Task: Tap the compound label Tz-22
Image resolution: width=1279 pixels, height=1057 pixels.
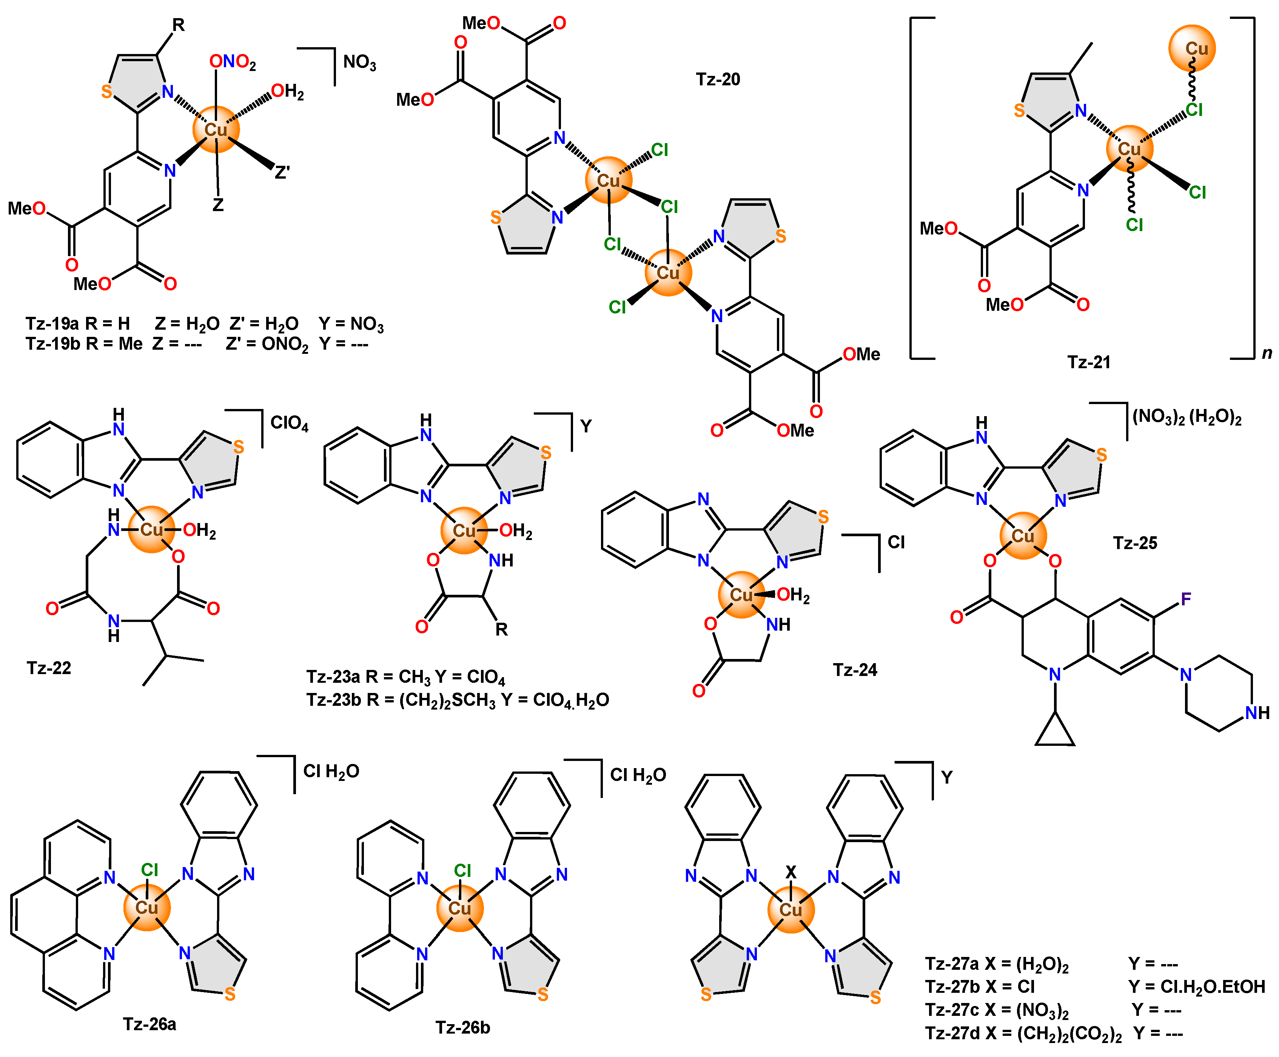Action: (x=49, y=668)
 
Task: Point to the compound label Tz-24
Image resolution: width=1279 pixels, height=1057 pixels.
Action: (x=855, y=670)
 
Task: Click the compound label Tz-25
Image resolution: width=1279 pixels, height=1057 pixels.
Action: (x=1135, y=543)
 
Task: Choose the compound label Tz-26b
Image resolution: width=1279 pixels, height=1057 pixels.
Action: (x=463, y=1027)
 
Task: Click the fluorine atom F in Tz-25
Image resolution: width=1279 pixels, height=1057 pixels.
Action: (x=1185, y=599)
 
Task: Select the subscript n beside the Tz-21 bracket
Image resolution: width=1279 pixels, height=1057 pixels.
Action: (x=1267, y=353)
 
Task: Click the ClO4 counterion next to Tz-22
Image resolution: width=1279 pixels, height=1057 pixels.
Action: (x=289, y=423)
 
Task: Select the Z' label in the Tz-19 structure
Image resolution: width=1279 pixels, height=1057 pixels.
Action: (x=282, y=173)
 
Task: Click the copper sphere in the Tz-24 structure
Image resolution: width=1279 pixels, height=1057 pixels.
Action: (x=741, y=594)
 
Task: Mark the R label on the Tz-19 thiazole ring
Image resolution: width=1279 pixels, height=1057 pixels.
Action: (x=178, y=25)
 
